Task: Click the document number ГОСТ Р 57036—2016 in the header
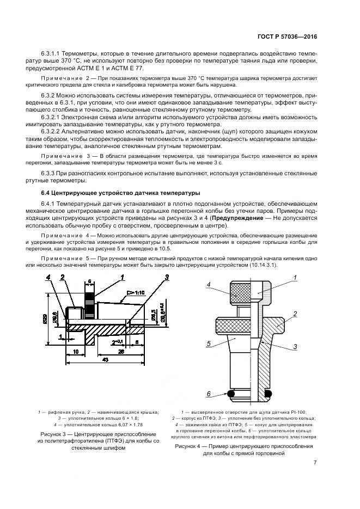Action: click(288, 38)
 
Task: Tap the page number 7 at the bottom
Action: click(315, 463)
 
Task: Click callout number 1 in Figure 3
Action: click(123, 277)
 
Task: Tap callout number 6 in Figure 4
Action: click(208, 394)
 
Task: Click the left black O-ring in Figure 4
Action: click(230, 393)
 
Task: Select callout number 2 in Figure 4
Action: click(295, 314)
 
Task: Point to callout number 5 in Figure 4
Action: click(208, 344)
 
